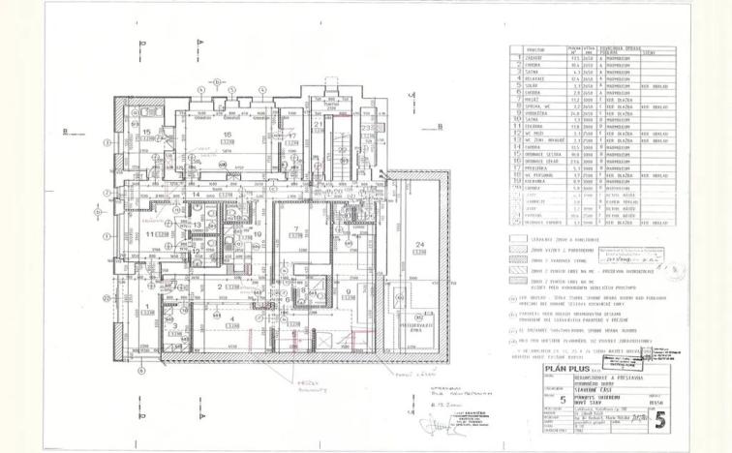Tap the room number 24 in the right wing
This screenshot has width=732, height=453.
420,243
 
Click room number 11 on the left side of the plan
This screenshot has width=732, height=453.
150,234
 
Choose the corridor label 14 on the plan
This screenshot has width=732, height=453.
195,195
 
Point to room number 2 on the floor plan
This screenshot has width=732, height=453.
220,287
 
